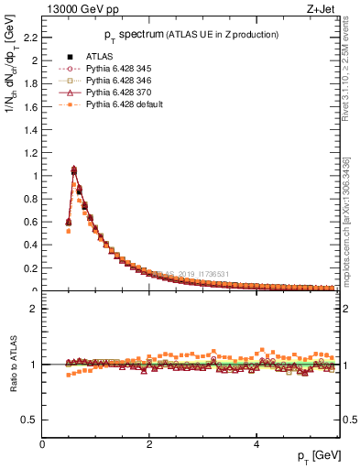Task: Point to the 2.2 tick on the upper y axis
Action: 31,38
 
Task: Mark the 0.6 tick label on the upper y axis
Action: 31,222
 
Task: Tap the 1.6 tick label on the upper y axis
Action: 31,106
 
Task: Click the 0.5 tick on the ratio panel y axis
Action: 31,420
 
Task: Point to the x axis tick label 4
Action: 256,443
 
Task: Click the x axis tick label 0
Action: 43,443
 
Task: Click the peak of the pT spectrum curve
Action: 74,169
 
